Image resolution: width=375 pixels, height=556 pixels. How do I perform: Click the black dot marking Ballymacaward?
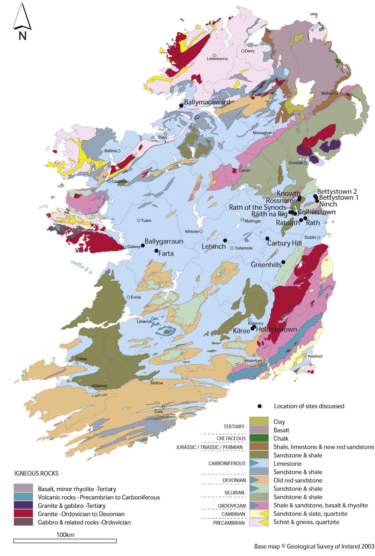pyautogui.click(x=181, y=105)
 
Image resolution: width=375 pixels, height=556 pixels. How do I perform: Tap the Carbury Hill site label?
pyautogui.click(x=284, y=243)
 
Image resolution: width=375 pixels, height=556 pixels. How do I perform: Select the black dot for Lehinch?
pyautogui.click(x=225, y=240)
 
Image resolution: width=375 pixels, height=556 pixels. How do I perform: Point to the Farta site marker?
pyautogui.click(x=156, y=250)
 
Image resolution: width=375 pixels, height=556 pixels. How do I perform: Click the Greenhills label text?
pyautogui.click(x=266, y=265)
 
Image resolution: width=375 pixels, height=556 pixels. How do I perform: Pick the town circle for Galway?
pyautogui.click(x=125, y=247)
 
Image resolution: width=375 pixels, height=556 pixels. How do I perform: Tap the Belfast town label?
pyautogui.click(x=327, y=93)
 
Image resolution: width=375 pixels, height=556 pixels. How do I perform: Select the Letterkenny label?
pyautogui.click(x=217, y=59)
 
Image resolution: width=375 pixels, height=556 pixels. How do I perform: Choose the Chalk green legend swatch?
pyautogui.click(x=259, y=438)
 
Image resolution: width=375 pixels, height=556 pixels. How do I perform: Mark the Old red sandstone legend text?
pyautogui.click(x=298, y=481)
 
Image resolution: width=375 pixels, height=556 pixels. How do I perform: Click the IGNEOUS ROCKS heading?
pyautogui.click(x=36, y=473)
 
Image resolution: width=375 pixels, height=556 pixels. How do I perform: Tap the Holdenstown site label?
pyautogui.click(x=276, y=329)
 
